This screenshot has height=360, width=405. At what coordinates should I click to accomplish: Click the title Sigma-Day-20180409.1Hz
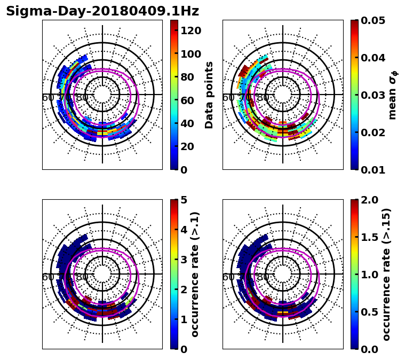pyautogui.click(x=102, y=11)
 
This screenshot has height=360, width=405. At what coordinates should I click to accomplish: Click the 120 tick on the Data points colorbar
pyautogui.click(x=191, y=31)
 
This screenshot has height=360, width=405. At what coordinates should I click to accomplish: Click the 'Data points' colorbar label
pyautogui.click(x=209, y=95)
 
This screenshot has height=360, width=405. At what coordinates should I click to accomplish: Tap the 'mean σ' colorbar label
pyautogui.click(x=393, y=95)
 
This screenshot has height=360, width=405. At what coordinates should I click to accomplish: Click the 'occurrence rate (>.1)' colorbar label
pyautogui.click(x=195, y=274)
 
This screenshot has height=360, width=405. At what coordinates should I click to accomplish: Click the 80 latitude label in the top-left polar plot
pyautogui.click(x=82, y=98)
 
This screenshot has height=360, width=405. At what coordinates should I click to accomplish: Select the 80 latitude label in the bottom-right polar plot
pyautogui.click(x=263, y=277)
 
